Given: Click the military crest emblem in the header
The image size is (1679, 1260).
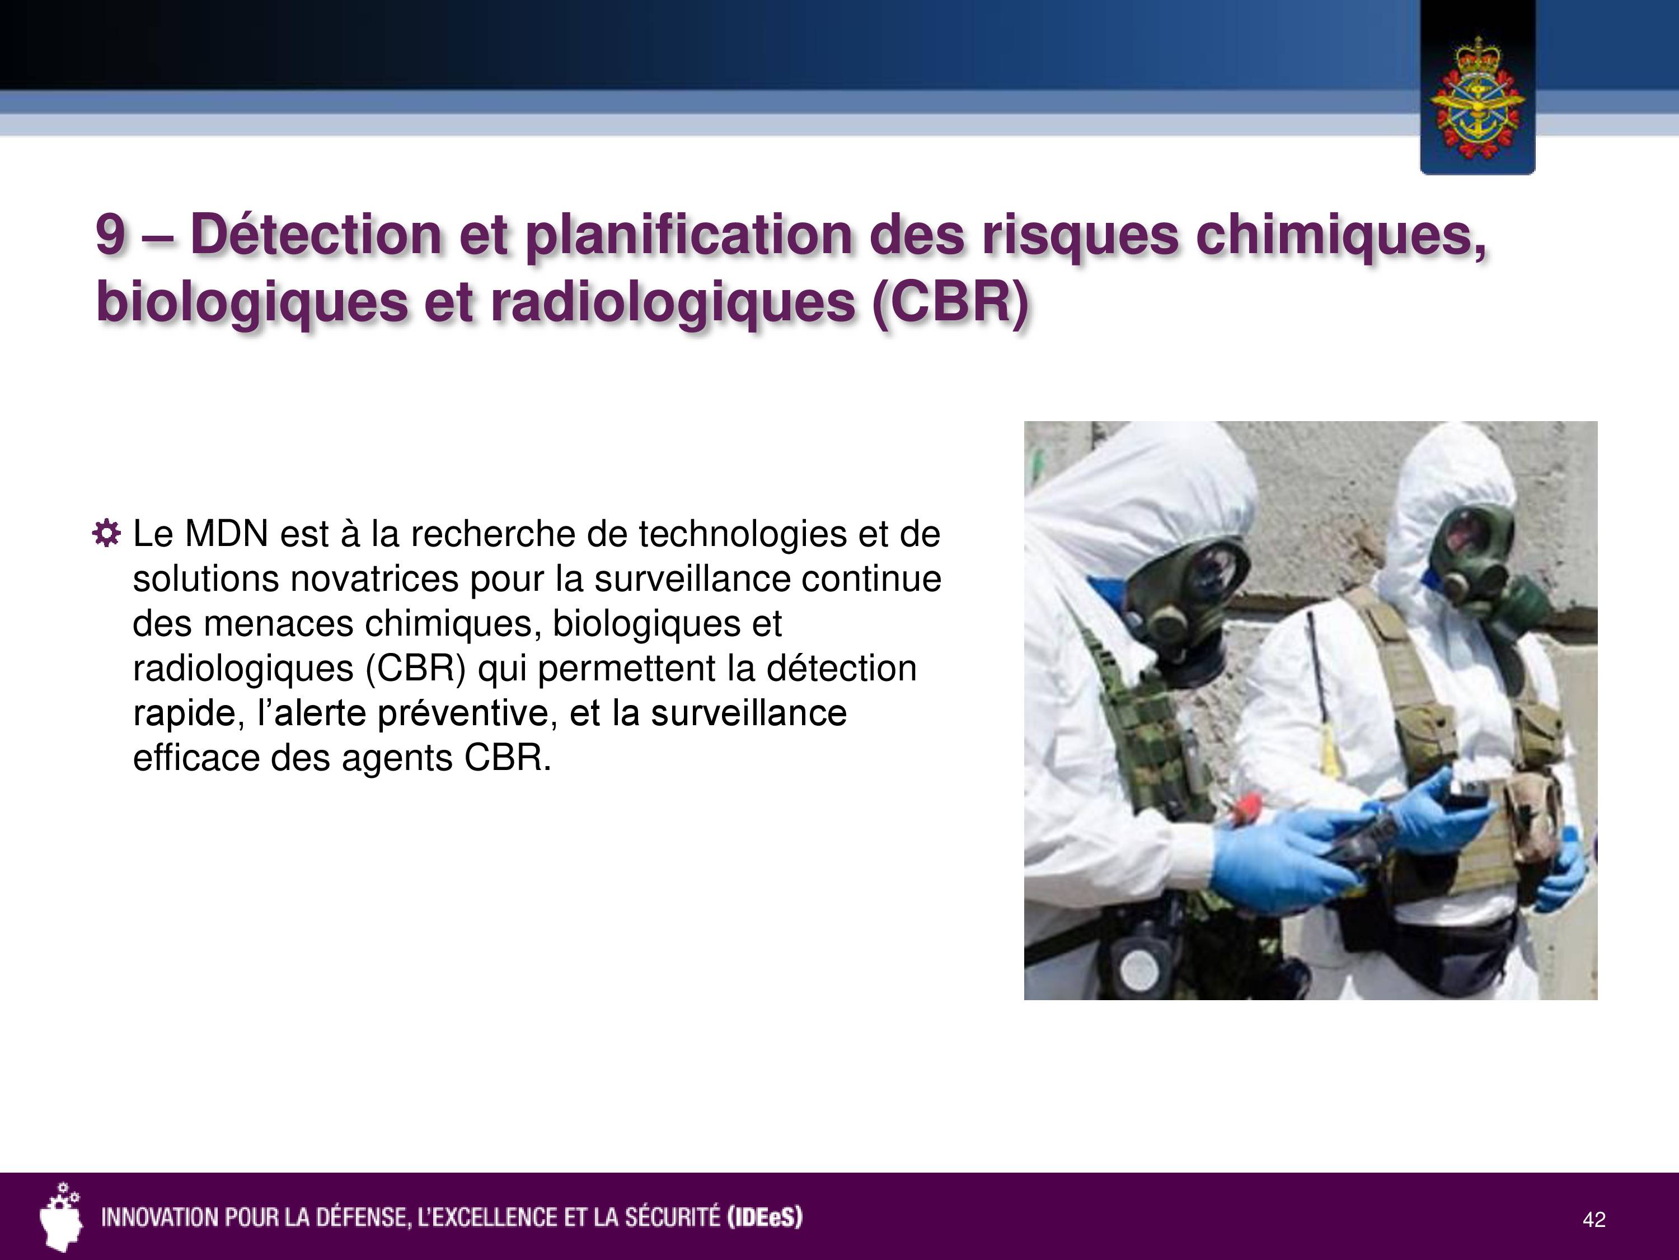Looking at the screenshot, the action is (x=1477, y=97).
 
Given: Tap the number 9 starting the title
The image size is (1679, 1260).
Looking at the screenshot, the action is (x=111, y=234).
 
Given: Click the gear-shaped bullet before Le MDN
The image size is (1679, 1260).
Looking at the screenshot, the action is (x=106, y=534).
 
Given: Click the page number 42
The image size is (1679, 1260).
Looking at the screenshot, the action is (x=1594, y=1220).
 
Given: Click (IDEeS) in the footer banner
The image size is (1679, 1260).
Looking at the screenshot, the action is (x=765, y=1217).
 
